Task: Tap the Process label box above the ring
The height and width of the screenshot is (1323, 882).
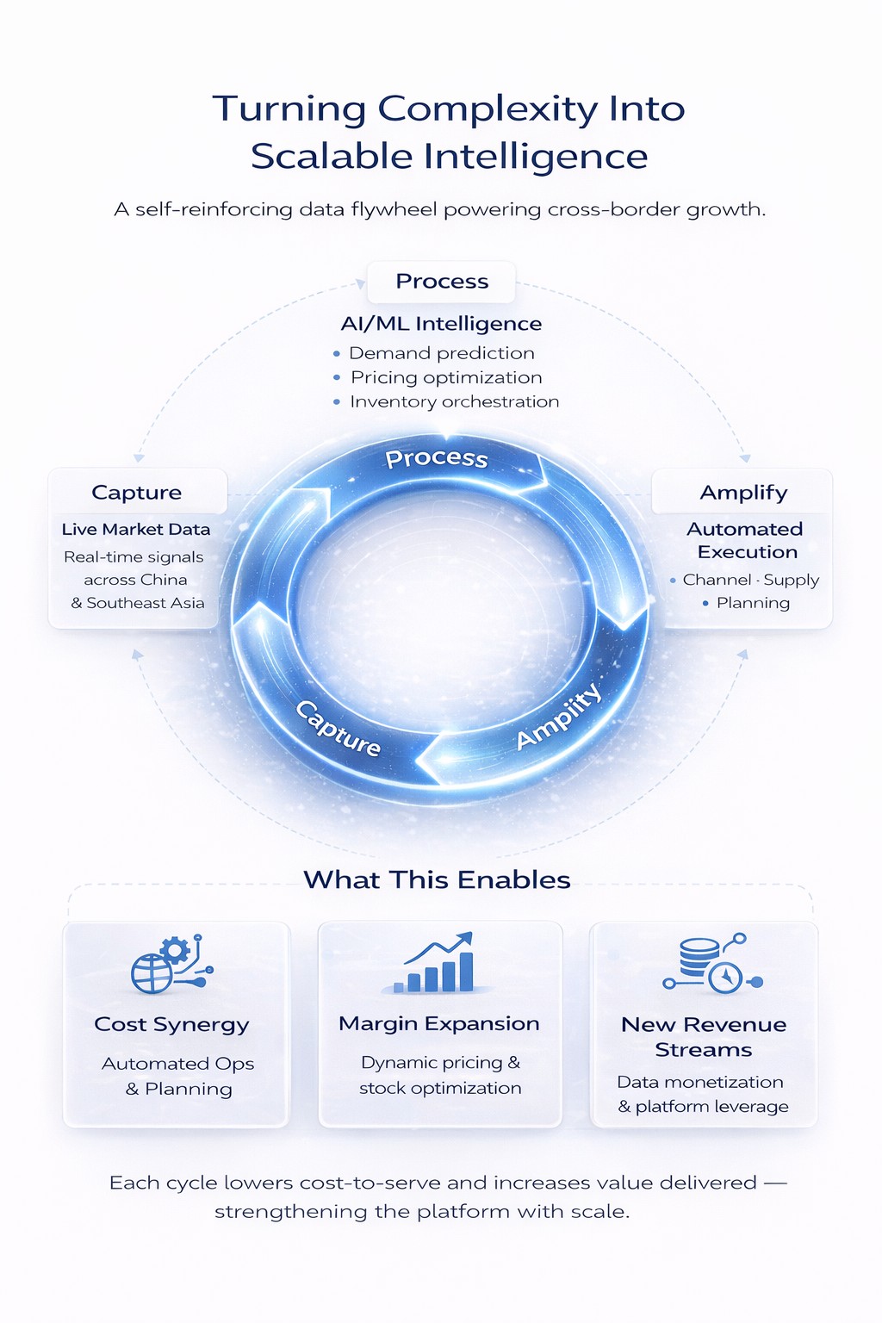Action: point(441,282)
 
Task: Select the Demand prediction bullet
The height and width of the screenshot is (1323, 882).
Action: point(441,353)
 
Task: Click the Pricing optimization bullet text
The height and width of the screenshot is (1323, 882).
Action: point(446,377)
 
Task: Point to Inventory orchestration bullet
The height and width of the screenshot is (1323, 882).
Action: point(454,401)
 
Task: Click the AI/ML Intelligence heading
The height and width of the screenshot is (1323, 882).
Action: point(441,324)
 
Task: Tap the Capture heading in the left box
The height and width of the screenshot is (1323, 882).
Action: point(137,493)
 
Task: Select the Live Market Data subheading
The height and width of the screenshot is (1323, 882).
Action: point(136,529)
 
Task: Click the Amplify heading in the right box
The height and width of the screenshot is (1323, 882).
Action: point(743,493)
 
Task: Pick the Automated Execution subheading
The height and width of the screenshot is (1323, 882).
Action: point(745,540)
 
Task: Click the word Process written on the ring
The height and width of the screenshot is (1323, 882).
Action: point(436,458)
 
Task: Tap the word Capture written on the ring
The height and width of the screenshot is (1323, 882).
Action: point(339,729)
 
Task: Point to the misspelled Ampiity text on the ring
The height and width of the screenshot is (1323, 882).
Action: point(558,717)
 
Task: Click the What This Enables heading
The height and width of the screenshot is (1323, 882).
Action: point(437,879)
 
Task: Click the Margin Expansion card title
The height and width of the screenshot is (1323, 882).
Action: point(439,1023)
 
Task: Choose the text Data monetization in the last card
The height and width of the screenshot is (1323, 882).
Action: point(700,1082)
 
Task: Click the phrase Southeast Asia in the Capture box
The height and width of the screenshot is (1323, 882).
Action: point(146,603)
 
